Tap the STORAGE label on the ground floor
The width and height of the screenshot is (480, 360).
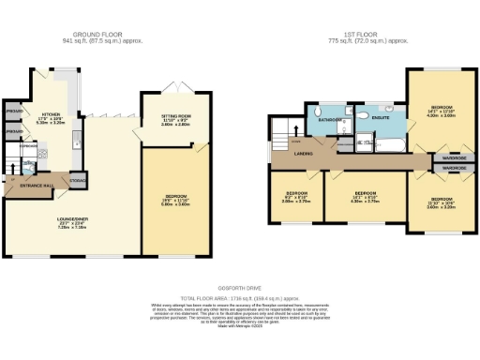click(x=79, y=180)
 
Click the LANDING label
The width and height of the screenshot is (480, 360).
click(x=303, y=154)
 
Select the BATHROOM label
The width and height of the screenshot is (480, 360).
click(x=328, y=120)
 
